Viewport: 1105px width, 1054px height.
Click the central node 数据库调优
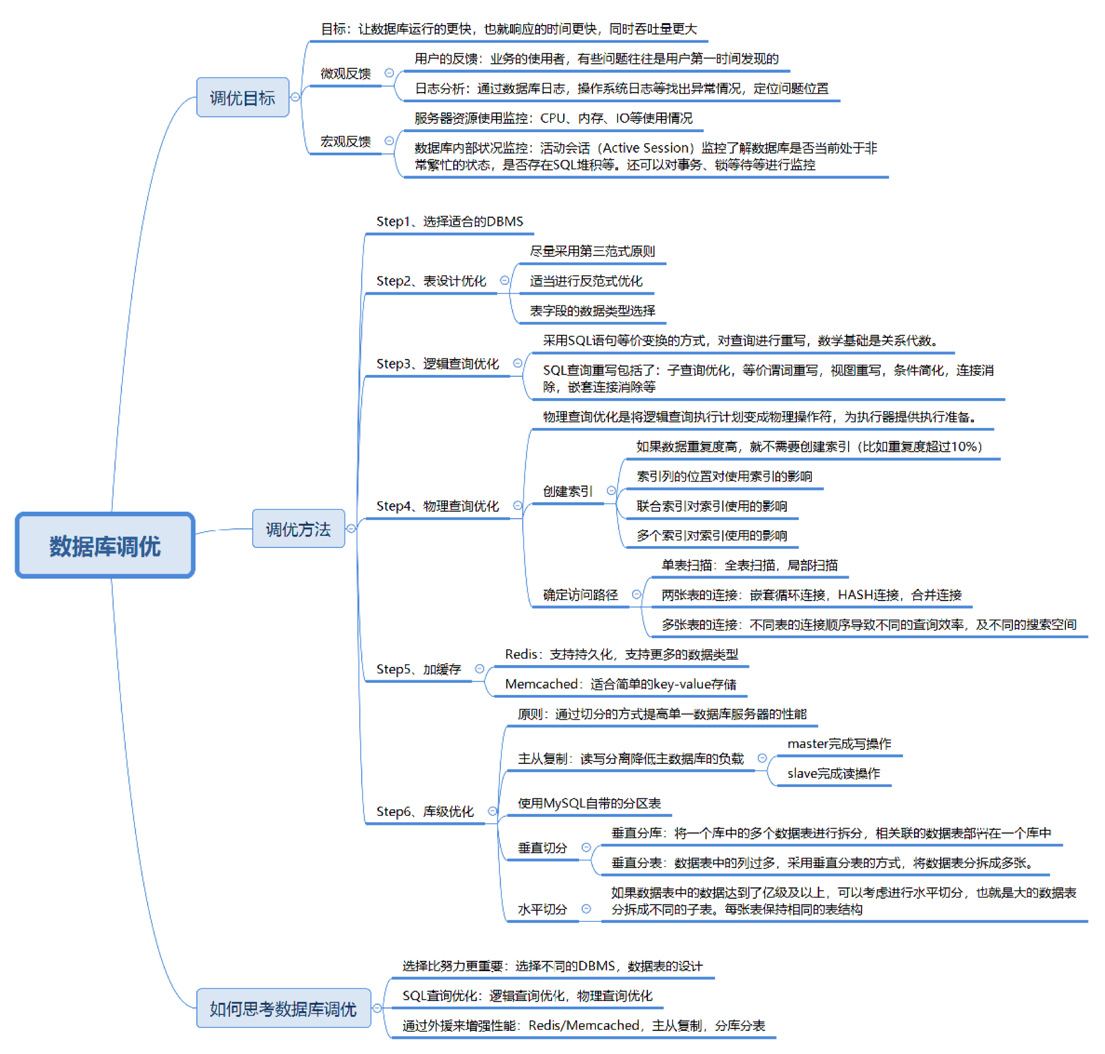pyautogui.click(x=105, y=546)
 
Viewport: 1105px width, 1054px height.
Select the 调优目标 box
pyautogui.click(x=242, y=98)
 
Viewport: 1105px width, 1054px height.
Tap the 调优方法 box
pyautogui.click(x=298, y=529)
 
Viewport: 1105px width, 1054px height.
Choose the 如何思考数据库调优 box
pyautogui.click(x=283, y=1009)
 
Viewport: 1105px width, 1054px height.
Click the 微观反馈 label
pyautogui.click(x=345, y=73)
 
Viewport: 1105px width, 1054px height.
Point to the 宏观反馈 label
pyautogui.click(x=345, y=141)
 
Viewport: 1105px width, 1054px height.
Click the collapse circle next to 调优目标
pyautogui.click(x=295, y=97)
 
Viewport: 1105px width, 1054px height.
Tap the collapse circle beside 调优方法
pyautogui.click(x=351, y=528)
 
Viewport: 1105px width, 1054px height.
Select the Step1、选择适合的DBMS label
pyautogui.click(x=449, y=222)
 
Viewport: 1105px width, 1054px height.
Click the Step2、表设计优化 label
pyautogui.click(x=431, y=281)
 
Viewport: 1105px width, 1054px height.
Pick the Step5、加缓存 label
pyautogui.click(x=419, y=669)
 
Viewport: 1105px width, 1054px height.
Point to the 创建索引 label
pyautogui.click(x=568, y=491)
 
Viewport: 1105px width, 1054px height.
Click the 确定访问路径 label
pyautogui.click(x=580, y=595)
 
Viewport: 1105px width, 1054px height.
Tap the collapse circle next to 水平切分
pyautogui.click(x=586, y=908)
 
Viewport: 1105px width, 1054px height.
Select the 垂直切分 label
pyautogui.click(x=542, y=848)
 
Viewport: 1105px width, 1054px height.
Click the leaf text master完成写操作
pyautogui.click(x=839, y=744)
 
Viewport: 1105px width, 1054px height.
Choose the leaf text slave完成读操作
pyautogui.click(x=833, y=774)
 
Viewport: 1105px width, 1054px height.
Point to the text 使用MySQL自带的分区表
pyautogui.click(x=589, y=803)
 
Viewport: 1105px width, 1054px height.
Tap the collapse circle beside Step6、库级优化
pyautogui.click(x=492, y=811)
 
